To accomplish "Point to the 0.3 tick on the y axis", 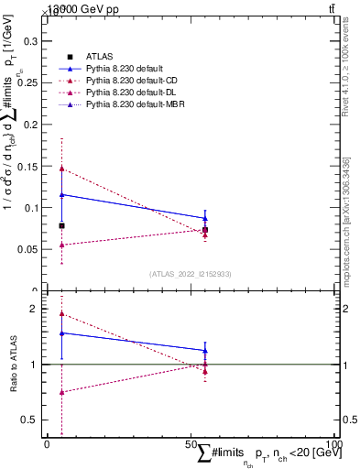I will tap(29, 41).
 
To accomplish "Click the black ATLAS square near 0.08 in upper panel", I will tap(61, 225).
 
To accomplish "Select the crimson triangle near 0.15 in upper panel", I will tap(61, 169).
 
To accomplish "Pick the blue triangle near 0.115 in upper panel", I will tap(61, 194).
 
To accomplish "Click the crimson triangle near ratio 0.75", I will tap(61, 392).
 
